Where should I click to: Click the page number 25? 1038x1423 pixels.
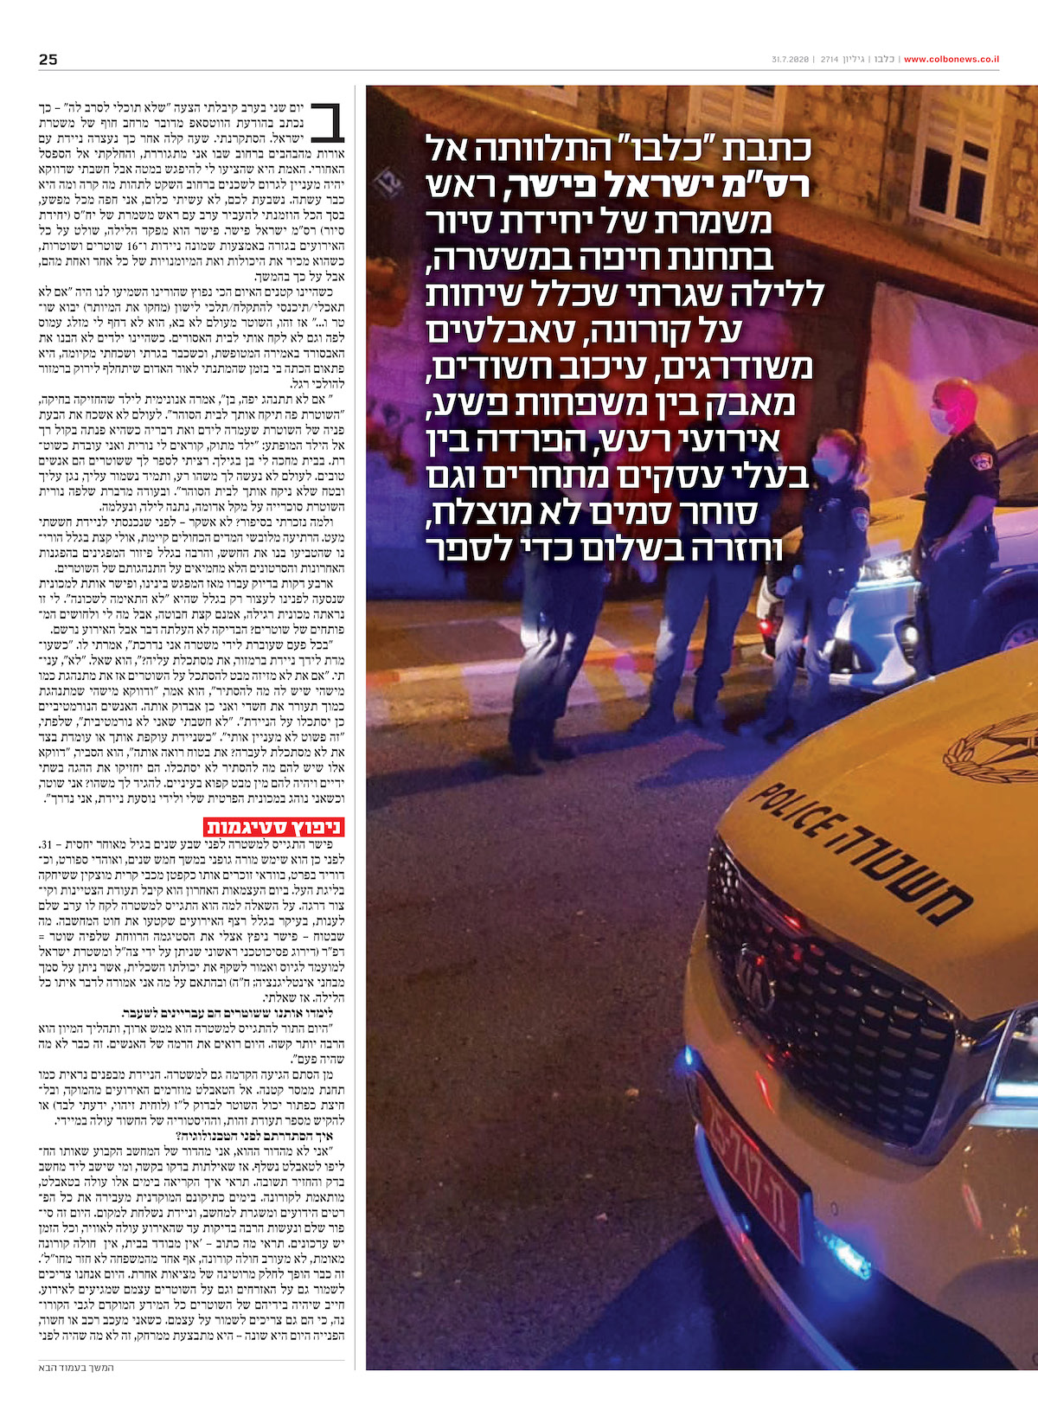48,59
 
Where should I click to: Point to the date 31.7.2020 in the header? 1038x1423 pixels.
789,60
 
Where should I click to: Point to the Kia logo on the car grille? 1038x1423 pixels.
754,968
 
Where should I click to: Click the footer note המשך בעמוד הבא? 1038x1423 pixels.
77,1368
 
